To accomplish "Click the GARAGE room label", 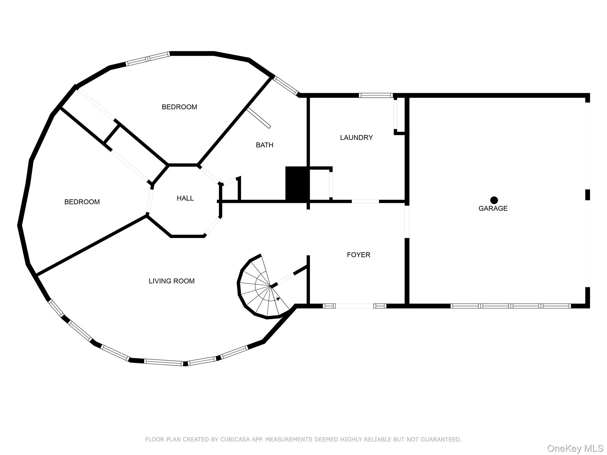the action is pyautogui.click(x=493, y=209).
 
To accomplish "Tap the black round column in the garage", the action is pyautogui.click(x=494, y=200).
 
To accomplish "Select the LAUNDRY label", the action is pyautogui.click(x=356, y=137).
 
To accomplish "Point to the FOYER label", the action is pyautogui.click(x=359, y=255).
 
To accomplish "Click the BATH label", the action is pyautogui.click(x=264, y=145).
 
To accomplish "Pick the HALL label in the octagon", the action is pyautogui.click(x=185, y=198).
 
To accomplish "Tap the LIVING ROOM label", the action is pyautogui.click(x=172, y=281).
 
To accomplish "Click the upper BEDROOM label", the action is pyautogui.click(x=179, y=107).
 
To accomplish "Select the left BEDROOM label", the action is pyautogui.click(x=82, y=202).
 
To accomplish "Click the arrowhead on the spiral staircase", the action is pyautogui.click(x=278, y=299).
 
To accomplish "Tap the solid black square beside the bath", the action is pyautogui.click(x=297, y=184).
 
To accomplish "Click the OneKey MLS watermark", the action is pyautogui.click(x=575, y=448).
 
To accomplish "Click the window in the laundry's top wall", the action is pyautogui.click(x=376, y=95).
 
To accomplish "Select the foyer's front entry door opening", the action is pyautogui.click(x=354, y=306).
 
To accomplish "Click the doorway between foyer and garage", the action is pyautogui.click(x=407, y=222).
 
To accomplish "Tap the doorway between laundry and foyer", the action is pyautogui.click(x=365, y=201).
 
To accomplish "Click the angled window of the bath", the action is pyautogui.click(x=285, y=86).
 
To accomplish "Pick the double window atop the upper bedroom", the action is pyautogui.click(x=148, y=59).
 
